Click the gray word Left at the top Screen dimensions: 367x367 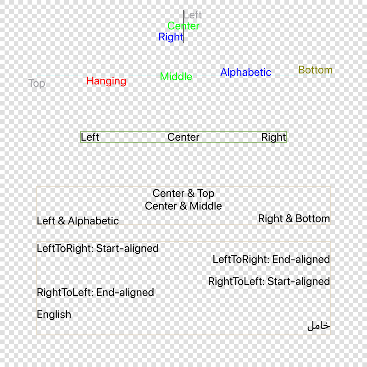point(193,15)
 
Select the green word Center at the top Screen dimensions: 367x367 point(183,26)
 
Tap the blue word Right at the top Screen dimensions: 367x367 point(171,37)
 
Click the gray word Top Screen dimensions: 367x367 point(37,83)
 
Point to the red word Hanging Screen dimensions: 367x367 point(106,81)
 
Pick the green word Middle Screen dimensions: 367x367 point(176,77)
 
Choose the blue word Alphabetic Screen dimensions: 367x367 point(246,72)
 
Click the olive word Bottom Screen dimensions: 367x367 point(316,70)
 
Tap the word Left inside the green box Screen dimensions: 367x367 point(90,137)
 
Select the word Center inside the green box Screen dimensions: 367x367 point(183,137)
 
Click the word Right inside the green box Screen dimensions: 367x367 point(273,137)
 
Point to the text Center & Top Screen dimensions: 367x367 point(183,194)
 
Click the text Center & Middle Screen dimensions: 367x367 point(183,206)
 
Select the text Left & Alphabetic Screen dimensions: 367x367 point(78,221)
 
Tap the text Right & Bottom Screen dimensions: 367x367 point(294,219)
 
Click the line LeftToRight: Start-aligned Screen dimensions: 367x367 point(98,249)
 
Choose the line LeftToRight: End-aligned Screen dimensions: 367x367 point(271,260)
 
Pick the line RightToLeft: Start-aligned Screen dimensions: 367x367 point(269,282)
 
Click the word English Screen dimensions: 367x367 point(54,315)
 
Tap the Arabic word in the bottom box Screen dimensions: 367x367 point(318,326)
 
